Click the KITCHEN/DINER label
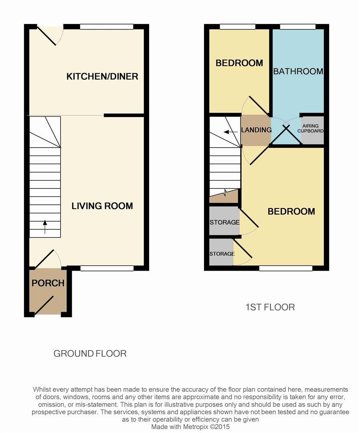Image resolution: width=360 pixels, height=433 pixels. tap(102, 76)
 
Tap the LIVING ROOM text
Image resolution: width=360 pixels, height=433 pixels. tap(102, 206)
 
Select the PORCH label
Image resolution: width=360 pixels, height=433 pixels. tap(48, 283)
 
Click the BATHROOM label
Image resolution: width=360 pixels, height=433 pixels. tap(298, 71)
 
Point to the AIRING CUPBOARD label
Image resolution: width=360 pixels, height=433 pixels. tap(312, 128)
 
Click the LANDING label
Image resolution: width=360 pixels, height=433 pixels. tap(256, 130)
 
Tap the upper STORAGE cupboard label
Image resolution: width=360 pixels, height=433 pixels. tap(224, 222)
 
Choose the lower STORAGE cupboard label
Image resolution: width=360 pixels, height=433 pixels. tap(222, 254)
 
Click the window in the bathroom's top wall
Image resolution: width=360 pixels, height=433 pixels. tap(297, 27)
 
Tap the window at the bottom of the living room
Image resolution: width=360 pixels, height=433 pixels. tap(107, 268)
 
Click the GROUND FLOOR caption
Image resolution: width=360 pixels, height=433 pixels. tap(90, 354)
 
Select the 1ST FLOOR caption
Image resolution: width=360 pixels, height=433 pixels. tap(270, 308)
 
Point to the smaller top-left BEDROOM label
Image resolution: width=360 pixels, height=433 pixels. tap(239, 63)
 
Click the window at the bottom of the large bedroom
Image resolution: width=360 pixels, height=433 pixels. tap(285, 268)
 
